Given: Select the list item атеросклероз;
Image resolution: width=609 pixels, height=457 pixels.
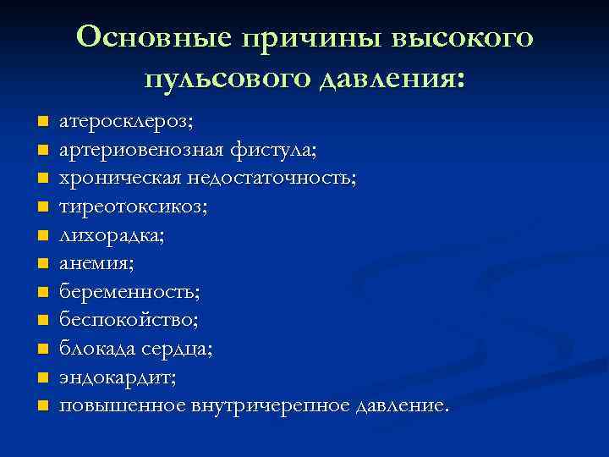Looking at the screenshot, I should pos(126,122).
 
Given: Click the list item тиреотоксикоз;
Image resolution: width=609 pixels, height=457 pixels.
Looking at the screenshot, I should pos(128,207).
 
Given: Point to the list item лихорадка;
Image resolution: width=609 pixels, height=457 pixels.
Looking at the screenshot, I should pos(111,236).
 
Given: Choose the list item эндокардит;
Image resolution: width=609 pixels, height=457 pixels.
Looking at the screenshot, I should pos(118,377).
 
